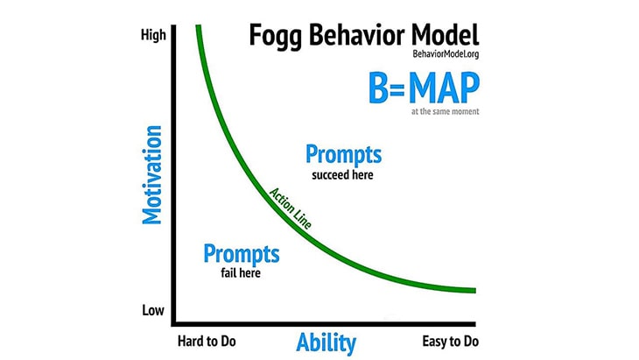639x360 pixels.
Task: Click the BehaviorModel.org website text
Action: tap(446, 53)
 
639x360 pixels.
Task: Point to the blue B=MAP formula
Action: tap(424, 88)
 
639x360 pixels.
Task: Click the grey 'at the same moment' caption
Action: tap(445, 111)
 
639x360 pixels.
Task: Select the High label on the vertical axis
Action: tap(153, 35)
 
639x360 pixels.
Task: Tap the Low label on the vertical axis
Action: tap(153, 310)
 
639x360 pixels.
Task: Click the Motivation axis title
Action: tap(152, 175)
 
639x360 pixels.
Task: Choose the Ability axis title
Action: tap(326, 342)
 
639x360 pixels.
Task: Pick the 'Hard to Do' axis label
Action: tap(207, 342)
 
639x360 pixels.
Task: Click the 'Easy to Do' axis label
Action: tap(450, 342)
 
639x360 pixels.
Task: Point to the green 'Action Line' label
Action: tap(291, 208)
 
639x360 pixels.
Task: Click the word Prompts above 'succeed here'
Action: tap(343, 155)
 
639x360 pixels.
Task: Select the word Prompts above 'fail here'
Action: tap(242, 254)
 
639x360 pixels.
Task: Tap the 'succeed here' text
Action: tap(342, 175)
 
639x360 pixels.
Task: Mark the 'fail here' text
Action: tap(241, 272)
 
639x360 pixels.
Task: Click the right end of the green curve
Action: tap(475, 291)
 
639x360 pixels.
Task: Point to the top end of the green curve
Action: tap(199, 25)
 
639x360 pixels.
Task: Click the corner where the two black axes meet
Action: tap(173, 324)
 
